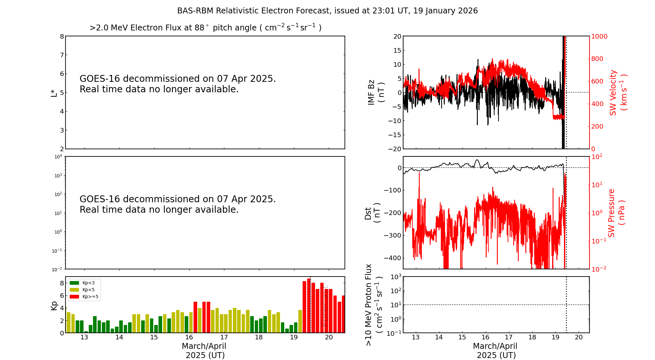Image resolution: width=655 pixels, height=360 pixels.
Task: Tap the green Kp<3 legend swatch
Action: point(74,283)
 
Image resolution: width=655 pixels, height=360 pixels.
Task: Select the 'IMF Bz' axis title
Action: point(376,92)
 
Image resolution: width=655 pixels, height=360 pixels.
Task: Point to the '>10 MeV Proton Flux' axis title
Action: point(373,305)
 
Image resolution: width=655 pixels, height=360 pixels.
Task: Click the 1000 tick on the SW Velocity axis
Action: point(599,36)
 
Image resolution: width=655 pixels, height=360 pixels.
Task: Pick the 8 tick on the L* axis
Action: point(62,36)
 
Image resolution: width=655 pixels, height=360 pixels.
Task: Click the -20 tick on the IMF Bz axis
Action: point(395,149)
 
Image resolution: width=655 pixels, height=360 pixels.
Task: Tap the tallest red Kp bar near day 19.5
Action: point(309,305)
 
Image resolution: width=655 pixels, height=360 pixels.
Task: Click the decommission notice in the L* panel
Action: point(178,84)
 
